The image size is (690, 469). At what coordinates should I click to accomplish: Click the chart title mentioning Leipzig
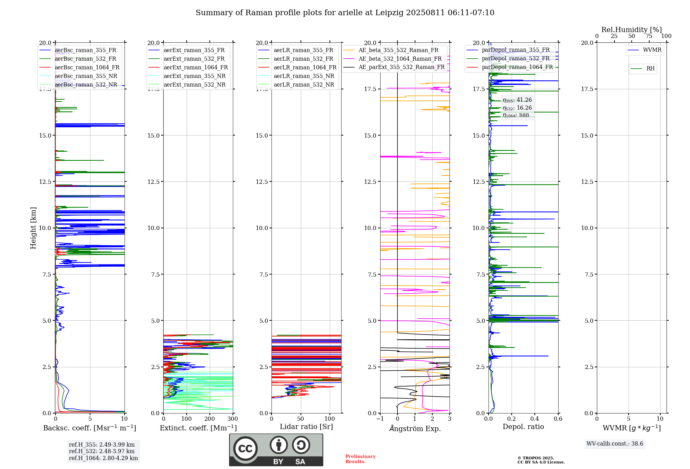tap(345, 13)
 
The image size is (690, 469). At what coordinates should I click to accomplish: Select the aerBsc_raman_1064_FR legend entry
tap(79, 67)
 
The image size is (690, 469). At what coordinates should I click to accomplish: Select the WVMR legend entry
tap(644, 50)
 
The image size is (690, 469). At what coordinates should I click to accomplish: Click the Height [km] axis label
tap(33, 228)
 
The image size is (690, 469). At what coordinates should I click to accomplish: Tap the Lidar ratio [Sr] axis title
tap(306, 427)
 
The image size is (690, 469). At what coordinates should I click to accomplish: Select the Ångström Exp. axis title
tap(415, 428)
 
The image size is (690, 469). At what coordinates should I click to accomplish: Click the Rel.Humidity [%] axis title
tap(632, 30)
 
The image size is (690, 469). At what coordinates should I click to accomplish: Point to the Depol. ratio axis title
tap(523, 427)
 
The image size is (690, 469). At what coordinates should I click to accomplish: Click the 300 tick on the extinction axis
tap(233, 419)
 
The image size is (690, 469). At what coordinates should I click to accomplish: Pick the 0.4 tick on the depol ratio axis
tap(535, 419)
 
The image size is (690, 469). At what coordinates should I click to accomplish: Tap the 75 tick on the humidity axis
tap(649, 36)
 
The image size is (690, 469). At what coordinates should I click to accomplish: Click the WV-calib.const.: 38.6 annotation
tap(615, 443)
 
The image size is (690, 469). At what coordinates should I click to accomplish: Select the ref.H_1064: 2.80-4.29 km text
tap(103, 458)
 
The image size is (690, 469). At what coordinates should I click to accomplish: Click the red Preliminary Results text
tap(361, 459)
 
